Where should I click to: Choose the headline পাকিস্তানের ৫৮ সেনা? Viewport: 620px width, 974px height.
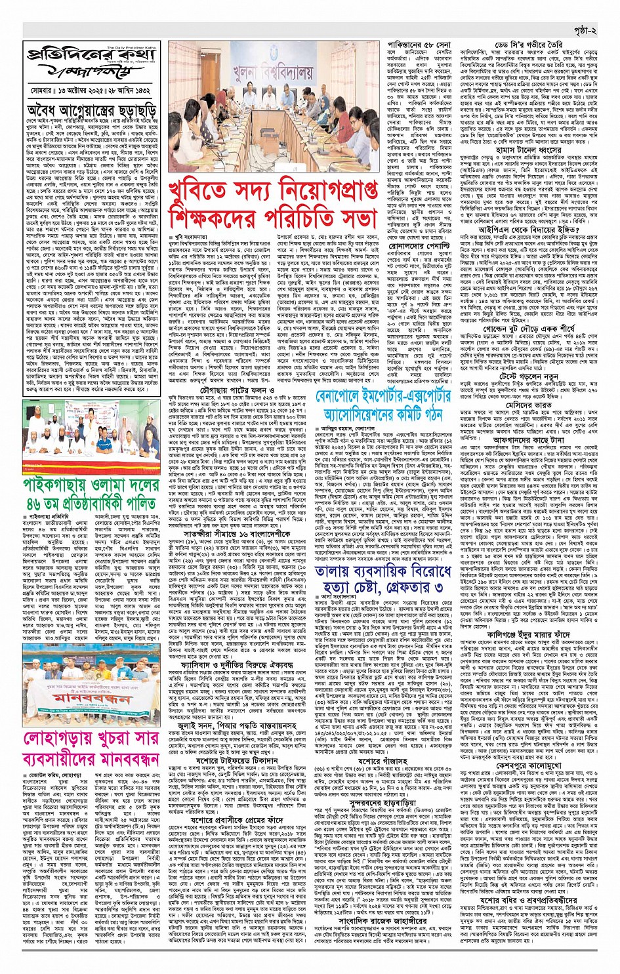pos(428,45)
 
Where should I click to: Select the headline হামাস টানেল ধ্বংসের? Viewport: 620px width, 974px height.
pos(533,150)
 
